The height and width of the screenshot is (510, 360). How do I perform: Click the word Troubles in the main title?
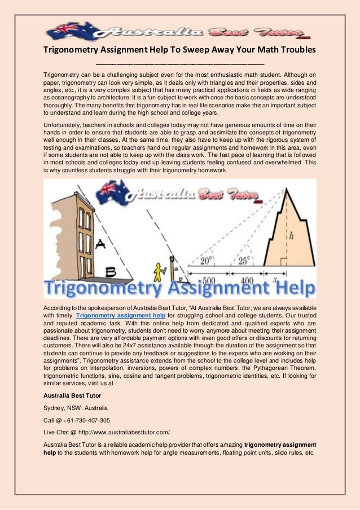[292, 50]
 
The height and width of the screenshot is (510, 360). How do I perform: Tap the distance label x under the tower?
[274, 279]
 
